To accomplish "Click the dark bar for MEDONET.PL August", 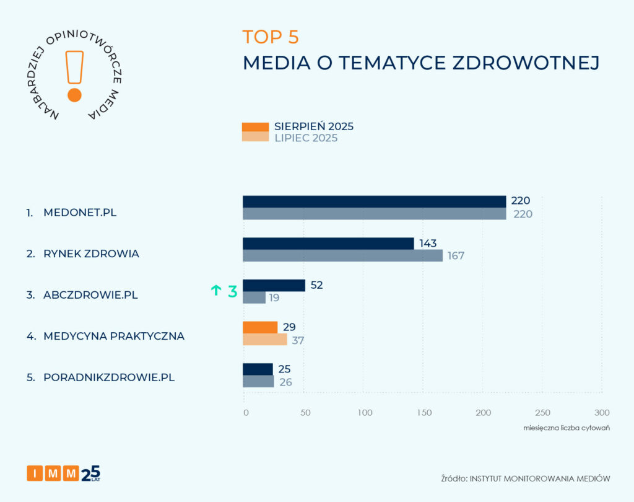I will click(x=374, y=201).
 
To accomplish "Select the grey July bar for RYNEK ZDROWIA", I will click(x=342, y=255).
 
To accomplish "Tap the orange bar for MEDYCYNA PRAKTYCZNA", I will click(x=260, y=327).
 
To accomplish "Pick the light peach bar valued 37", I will click(x=265, y=340).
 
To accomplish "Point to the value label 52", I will click(x=317, y=285).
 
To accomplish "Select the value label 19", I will click(x=274, y=298).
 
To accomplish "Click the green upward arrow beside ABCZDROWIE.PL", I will click(x=216, y=290).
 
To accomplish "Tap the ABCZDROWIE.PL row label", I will click(x=90, y=295).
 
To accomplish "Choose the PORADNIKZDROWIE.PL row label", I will click(x=109, y=377).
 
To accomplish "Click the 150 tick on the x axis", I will click(x=423, y=413).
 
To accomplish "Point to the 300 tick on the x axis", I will click(x=602, y=413).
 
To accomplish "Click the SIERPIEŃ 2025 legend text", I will click(x=314, y=126).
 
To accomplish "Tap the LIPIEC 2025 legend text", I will click(x=306, y=138).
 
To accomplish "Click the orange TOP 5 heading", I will click(x=271, y=37).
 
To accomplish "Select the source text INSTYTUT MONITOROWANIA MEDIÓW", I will click(x=540, y=478).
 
